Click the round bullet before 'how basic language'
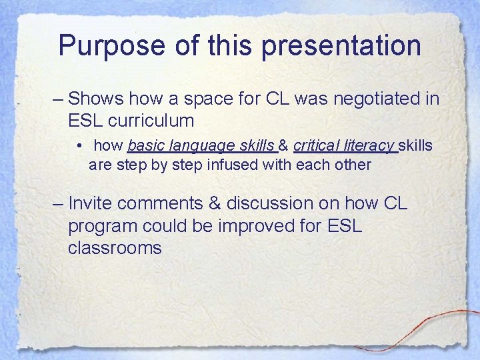point(79,146)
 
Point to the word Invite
point(93,203)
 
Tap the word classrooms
point(115,249)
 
